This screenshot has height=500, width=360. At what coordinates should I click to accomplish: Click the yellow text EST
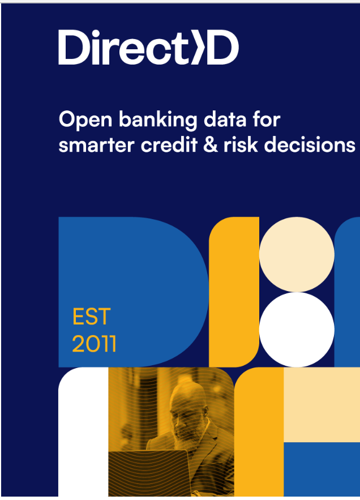click(91, 317)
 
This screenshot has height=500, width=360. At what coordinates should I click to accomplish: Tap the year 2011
click(94, 344)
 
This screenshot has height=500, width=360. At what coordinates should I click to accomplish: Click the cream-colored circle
click(296, 254)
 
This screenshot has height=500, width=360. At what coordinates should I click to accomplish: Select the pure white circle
click(296, 330)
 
